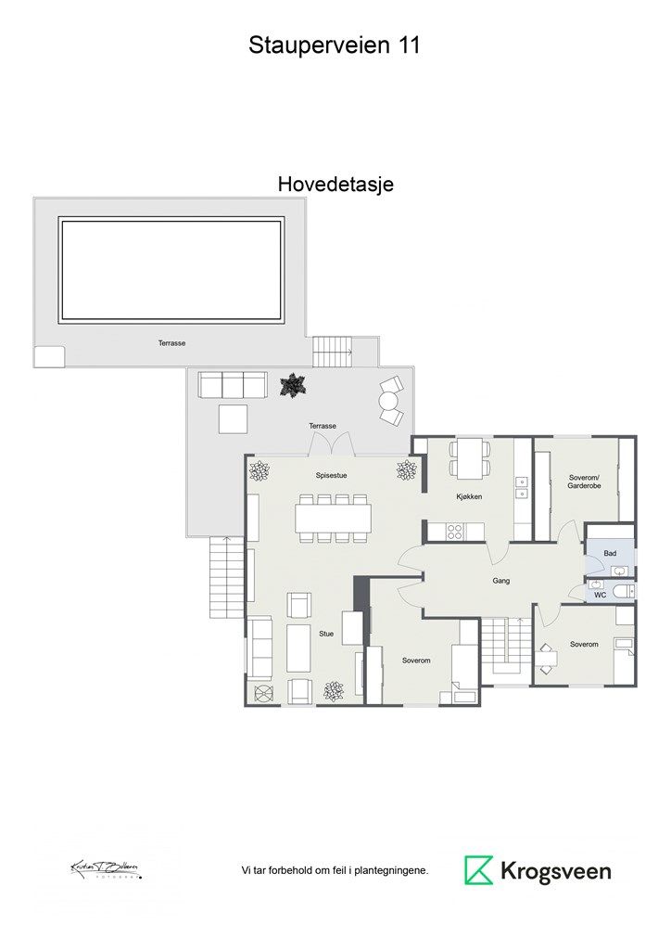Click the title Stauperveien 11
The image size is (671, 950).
tap(335, 45)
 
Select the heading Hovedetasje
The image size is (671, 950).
tap(335, 185)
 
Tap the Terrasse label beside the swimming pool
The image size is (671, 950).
tap(171, 343)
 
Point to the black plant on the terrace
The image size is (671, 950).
tap(294, 385)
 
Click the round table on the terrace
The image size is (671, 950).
tap(388, 402)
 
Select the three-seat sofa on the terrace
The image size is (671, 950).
tap(232, 384)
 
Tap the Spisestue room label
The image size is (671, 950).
tap(330, 474)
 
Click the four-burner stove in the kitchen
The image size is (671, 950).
tap(455, 532)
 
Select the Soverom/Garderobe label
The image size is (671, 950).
tap(584, 481)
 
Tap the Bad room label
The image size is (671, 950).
tap(610, 553)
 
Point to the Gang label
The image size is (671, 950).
tap(501, 581)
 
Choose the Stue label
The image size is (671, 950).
tap(326, 635)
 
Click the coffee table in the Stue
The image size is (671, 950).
tap(298, 648)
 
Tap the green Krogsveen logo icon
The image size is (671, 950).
tap(478, 870)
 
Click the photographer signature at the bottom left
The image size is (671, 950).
tap(105, 869)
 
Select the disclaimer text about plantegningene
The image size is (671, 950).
tap(335, 870)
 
